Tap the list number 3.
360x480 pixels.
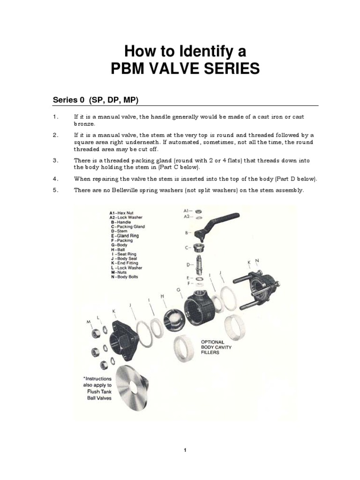pyautogui.click(x=55, y=160)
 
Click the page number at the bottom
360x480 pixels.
pyautogui.click(x=185, y=450)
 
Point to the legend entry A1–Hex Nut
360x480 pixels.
pyautogui.click(x=121, y=213)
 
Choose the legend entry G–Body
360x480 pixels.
pyautogui.click(x=119, y=245)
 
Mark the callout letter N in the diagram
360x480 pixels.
pyautogui.click(x=257, y=261)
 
